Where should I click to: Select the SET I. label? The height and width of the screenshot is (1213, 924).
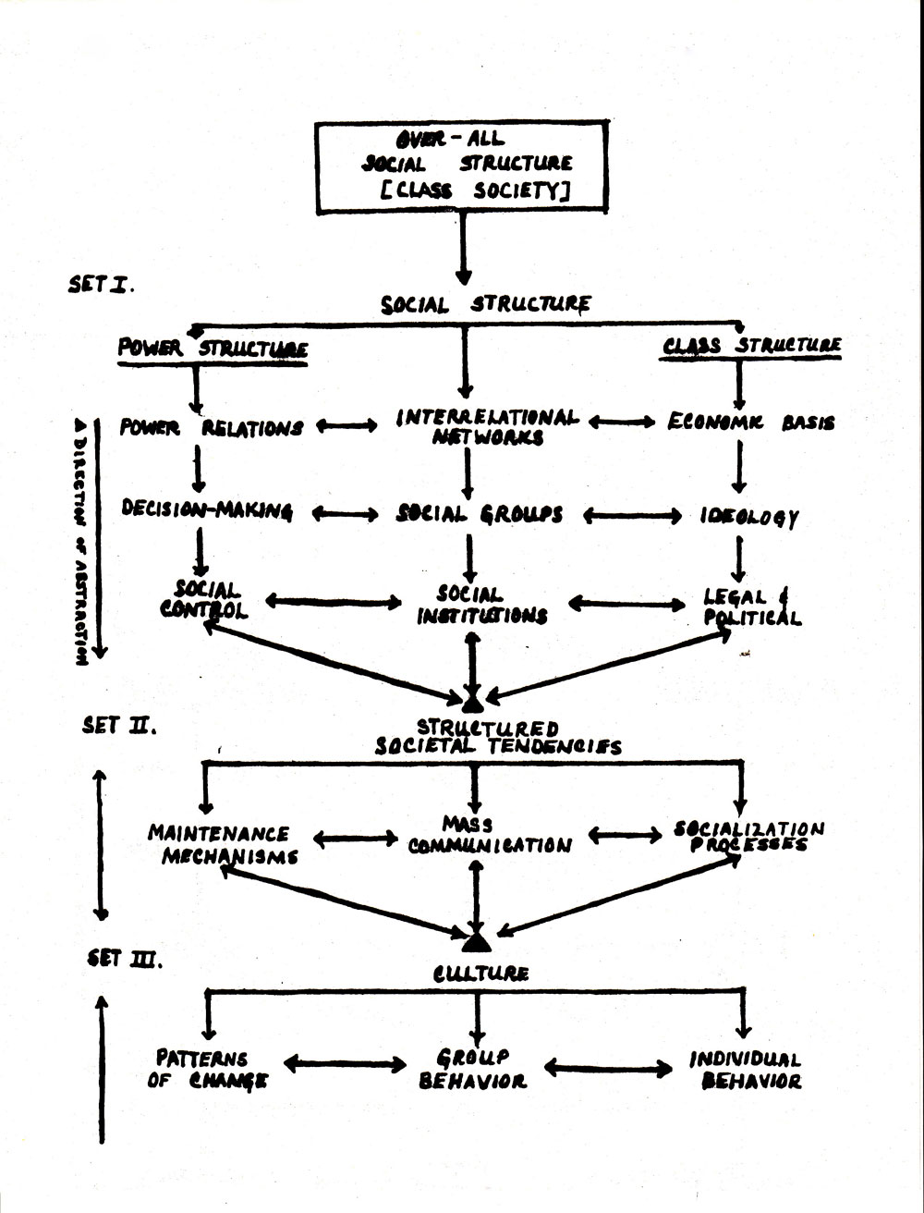click(101, 285)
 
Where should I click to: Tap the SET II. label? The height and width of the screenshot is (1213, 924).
click(119, 725)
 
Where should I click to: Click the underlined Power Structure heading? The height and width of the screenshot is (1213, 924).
click(213, 350)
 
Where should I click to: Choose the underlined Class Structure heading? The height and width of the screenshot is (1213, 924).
click(751, 346)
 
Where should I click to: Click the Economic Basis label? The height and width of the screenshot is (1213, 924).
click(751, 423)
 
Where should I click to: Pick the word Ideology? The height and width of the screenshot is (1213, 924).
click(749, 517)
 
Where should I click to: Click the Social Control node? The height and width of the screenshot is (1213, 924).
click(204, 599)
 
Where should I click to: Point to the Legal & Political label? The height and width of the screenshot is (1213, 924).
click(752, 606)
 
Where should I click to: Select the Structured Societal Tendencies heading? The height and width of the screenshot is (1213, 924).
click(498, 737)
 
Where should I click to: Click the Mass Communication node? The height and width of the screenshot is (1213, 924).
click(490, 835)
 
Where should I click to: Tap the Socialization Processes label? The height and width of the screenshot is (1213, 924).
click(749, 836)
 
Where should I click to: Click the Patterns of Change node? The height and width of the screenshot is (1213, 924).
click(207, 1070)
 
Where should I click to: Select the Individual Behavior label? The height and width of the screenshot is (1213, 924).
click(745, 1071)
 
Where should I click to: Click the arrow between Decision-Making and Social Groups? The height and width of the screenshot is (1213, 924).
click(346, 514)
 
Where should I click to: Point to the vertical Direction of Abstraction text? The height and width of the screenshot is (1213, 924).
click(80, 542)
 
